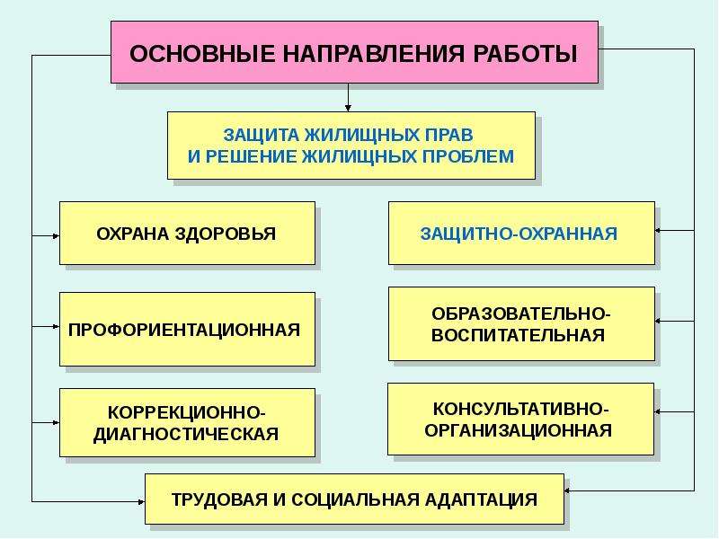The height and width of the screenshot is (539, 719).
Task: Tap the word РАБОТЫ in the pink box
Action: pos(525,54)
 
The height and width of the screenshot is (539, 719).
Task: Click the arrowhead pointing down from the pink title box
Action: pos(348,108)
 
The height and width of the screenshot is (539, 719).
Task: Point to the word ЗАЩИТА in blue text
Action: pos(262,136)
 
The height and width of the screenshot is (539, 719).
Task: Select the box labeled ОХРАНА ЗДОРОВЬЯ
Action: pos(188,234)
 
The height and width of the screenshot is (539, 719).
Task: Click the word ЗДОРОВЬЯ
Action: pos(226,234)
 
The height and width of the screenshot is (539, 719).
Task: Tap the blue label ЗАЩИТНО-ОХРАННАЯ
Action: pos(519,234)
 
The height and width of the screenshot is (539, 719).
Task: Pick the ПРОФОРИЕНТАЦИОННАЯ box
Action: pos(188,330)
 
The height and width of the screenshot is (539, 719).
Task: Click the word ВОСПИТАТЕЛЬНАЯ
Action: pos(518,335)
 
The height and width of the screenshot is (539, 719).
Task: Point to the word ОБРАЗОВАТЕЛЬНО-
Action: pos(521,314)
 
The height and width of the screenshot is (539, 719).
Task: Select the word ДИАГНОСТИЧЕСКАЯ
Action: pos(186,435)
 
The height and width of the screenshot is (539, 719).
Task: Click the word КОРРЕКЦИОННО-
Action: pos(187,412)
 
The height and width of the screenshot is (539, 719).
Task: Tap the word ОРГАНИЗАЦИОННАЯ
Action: pos(519,431)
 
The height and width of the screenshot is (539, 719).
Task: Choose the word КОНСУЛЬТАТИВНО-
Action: pos(520,409)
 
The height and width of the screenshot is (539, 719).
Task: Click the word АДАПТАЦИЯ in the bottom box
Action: pos(481,499)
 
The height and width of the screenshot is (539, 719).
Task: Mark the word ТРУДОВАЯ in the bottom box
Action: pos(219,499)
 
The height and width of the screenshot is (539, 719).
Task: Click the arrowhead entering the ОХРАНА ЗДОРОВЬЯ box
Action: pos(56,236)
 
